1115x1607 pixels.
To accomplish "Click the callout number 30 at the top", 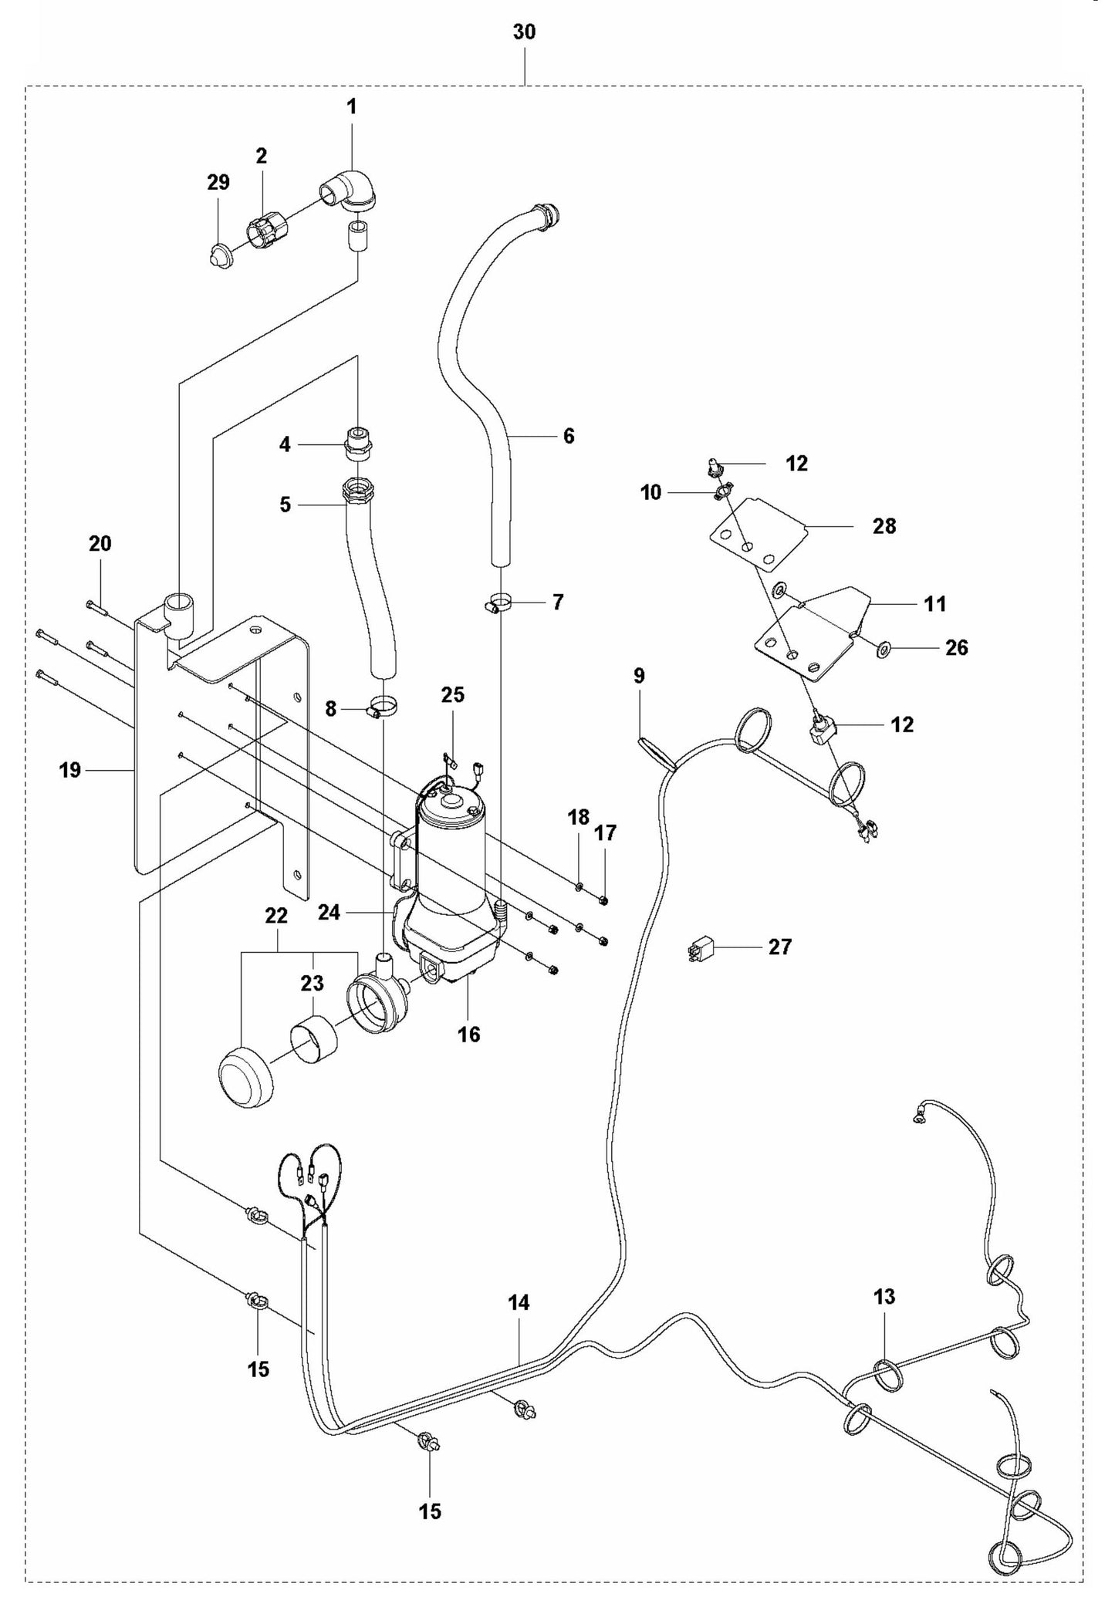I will [525, 32].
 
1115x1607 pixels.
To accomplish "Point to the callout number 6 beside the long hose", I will [569, 436].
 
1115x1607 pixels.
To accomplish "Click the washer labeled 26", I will [884, 648].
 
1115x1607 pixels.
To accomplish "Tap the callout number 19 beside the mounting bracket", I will [70, 770].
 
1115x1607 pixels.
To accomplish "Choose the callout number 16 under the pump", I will [469, 1035].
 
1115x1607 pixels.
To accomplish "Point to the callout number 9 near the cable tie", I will [639, 676].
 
